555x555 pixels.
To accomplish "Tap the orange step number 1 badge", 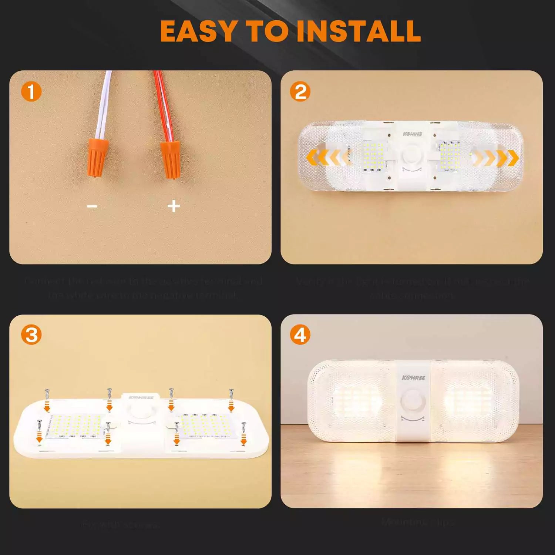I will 31,92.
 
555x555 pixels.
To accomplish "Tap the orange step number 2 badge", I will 300,92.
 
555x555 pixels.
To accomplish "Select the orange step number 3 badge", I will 31,335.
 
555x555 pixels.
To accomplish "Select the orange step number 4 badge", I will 300,335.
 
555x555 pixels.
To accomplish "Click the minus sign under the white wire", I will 92,206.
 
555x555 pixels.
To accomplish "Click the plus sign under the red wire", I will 174,206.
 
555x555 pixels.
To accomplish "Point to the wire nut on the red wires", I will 170,159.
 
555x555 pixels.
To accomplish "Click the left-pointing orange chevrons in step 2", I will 326,158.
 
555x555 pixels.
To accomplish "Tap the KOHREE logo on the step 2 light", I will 412,134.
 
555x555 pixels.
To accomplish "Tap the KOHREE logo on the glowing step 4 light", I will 413,378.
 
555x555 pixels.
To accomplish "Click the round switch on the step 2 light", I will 412,155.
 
